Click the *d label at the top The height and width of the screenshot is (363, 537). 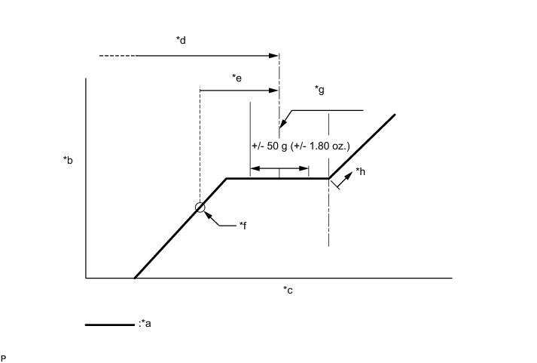click(x=181, y=40)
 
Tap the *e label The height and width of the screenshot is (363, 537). click(x=236, y=77)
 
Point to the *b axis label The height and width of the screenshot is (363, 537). click(x=68, y=160)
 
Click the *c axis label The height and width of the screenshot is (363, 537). click(x=288, y=290)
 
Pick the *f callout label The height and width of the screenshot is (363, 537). click(x=243, y=225)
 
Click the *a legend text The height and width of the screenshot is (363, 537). click(x=147, y=325)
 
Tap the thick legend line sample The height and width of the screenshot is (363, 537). click(x=110, y=325)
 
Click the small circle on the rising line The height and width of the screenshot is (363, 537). click(x=200, y=208)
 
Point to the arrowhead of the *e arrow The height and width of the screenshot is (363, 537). click(x=275, y=91)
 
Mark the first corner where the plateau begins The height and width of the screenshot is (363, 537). click(x=227, y=178)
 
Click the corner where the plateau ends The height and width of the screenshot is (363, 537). click(x=328, y=178)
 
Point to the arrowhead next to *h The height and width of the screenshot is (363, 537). click(x=350, y=173)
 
